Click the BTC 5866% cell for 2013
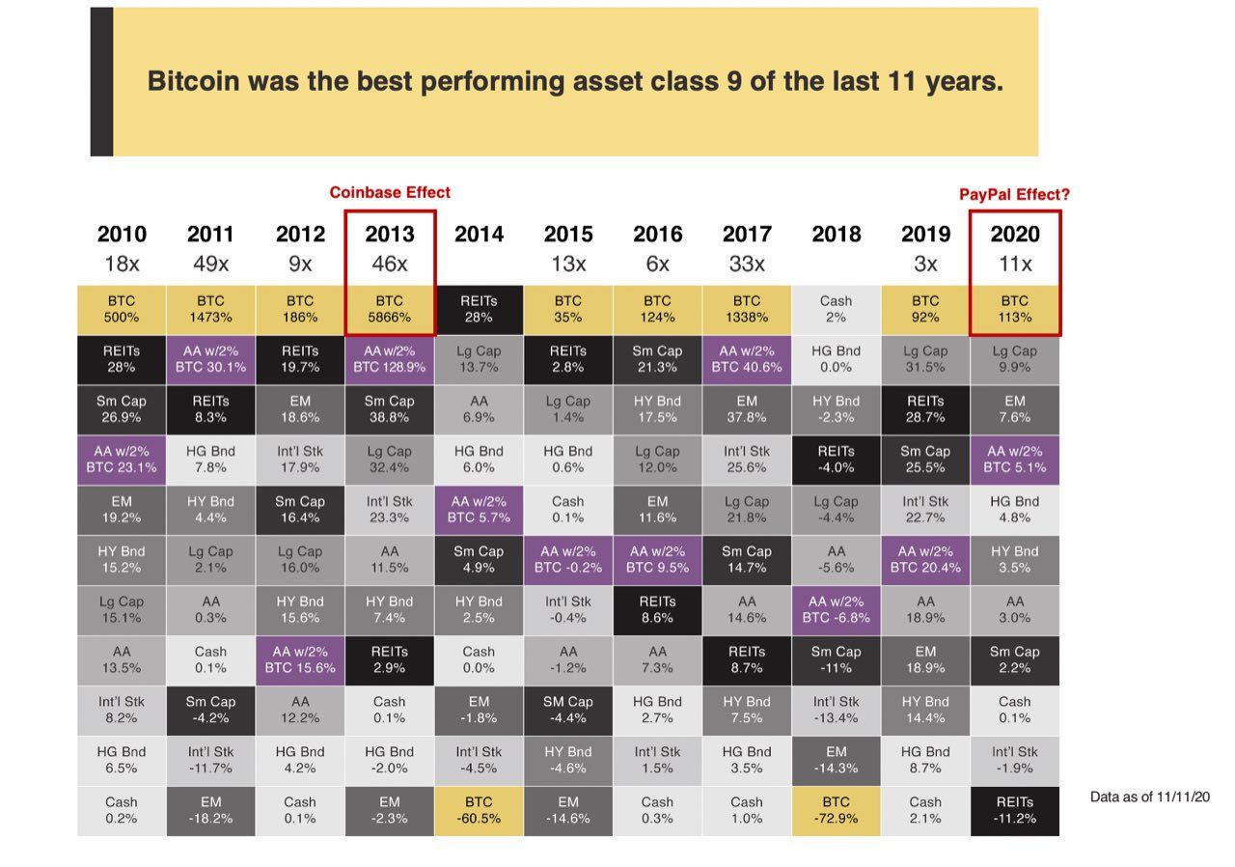[390, 309]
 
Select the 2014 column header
[480, 235]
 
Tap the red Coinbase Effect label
[390, 192]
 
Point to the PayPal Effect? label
[1014, 194]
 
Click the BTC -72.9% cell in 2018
[836, 810]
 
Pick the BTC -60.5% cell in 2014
[480, 810]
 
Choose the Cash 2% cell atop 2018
[836, 309]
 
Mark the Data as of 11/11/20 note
[1149, 797]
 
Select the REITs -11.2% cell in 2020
[1014, 810]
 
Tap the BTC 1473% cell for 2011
[210, 309]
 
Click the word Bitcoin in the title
[192, 81]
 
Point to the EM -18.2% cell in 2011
[210, 810]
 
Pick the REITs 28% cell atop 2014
[480, 309]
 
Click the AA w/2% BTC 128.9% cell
[390, 359]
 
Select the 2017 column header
[747, 235]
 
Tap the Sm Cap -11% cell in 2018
[836, 659]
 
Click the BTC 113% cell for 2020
[1014, 309]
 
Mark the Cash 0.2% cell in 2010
[122, 810]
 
